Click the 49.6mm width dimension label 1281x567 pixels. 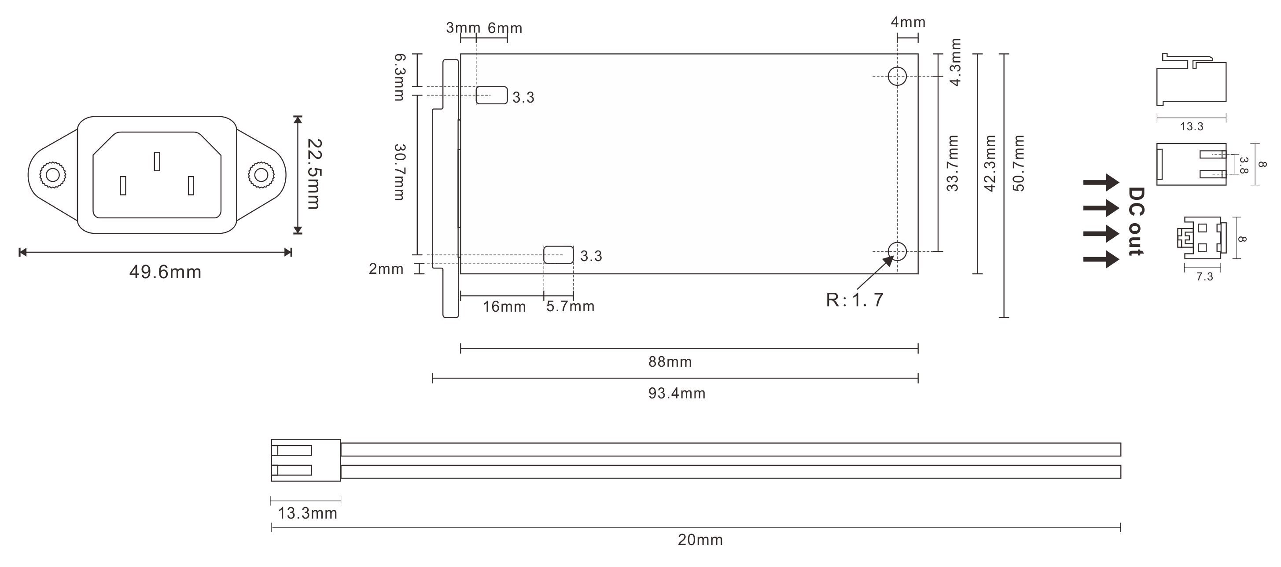point(165,272)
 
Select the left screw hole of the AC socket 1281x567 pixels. point(52,175)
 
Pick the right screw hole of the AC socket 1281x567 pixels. point(261,175)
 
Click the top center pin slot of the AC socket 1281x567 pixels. point(157,161)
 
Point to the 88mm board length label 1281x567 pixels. point(670,361)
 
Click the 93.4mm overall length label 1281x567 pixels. point(677,394)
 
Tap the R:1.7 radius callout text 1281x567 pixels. point(855,300)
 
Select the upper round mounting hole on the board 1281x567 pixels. point(897,76)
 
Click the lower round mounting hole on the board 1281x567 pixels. point(897,251)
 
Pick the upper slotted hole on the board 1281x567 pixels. point(492,95)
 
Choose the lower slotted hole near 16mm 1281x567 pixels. point(559,254)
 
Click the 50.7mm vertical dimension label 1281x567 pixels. point(1019,163)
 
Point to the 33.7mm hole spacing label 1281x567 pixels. point(952,163)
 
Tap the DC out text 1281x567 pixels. point(1136,222)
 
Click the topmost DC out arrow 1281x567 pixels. point(1101,182)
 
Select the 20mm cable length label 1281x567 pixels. point(700,540)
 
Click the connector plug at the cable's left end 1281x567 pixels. point(306,460)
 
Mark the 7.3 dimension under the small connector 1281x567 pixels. point(1204,277)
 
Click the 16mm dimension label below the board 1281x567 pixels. point(504,306)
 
